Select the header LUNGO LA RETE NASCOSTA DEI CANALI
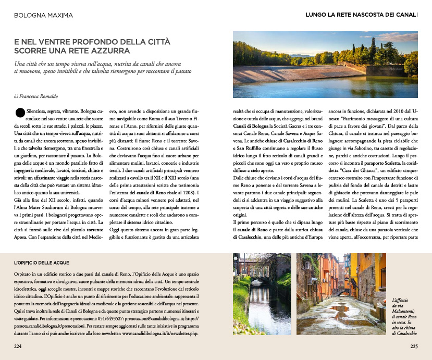point(361,15)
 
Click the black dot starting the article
point(20,111)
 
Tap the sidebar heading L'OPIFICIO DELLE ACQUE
point(42,263)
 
